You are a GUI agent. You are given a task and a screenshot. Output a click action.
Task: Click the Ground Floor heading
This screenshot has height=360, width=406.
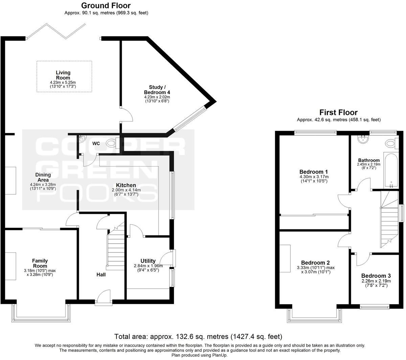point(106,5)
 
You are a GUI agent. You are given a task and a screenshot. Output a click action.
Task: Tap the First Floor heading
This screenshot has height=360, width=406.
point(338,112)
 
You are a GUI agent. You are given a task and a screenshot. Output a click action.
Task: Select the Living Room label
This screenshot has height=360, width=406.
point(63,75)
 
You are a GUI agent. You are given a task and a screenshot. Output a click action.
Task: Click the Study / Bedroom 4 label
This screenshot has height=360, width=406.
point(157,90)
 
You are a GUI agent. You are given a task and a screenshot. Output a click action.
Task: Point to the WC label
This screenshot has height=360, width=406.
point(96,143)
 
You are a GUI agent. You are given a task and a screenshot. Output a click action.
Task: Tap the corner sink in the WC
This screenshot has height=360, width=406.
point(82,138)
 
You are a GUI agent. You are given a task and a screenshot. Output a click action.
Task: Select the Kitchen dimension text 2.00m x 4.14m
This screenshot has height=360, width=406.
point(126,190)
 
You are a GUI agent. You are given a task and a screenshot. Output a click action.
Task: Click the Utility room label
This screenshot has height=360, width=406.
point(148,261)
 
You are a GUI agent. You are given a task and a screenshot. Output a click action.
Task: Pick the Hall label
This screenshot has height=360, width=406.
point(101,274)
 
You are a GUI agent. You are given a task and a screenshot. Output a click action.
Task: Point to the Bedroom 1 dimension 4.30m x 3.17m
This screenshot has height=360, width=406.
point(314,177)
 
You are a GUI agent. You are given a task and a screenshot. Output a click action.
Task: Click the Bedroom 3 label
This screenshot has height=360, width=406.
point(376,276)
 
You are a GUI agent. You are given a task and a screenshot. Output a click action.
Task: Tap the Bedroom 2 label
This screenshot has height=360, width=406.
point(315,263)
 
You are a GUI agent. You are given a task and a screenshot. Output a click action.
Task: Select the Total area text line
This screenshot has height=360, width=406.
point(198,337)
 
